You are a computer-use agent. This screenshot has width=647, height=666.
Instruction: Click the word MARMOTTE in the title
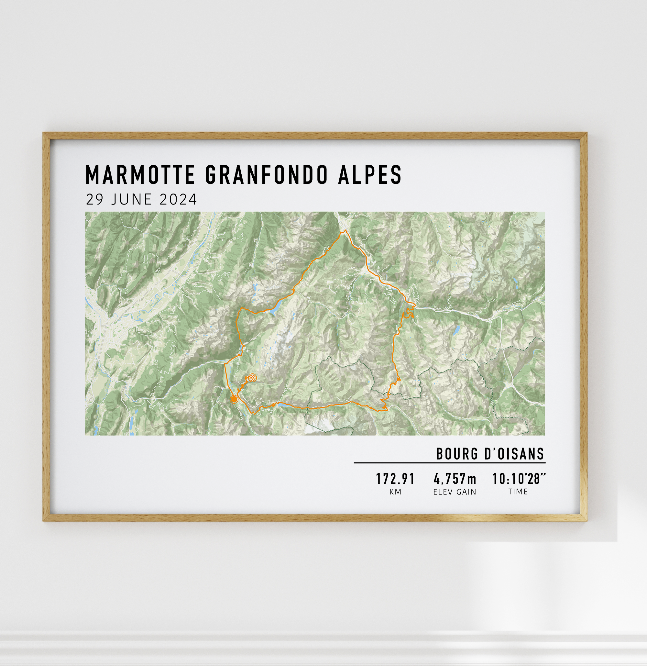coord(140,175)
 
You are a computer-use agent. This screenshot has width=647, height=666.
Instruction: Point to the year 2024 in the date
coord(178,200)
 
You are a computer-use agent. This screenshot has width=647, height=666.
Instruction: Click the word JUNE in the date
coord(132,200)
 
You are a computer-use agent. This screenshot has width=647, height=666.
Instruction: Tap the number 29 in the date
coord(94,200)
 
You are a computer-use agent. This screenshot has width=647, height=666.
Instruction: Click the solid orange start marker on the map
coord(234,399)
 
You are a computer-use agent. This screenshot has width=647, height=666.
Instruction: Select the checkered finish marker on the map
coord(252,377)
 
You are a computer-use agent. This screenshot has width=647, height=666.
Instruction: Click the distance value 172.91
coord(395,479)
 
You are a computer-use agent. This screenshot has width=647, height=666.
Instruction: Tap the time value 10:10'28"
coord(519,479)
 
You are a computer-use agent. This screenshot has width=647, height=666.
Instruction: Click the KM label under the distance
coord(396,492)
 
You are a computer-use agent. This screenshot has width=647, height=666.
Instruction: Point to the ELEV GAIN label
coord(455,492)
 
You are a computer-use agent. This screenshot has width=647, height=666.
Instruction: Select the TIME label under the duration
coord(518,492)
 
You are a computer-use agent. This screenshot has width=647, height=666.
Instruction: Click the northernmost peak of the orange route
coord(344,230)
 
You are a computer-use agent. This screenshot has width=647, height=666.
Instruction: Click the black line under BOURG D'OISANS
coord(449,463)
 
